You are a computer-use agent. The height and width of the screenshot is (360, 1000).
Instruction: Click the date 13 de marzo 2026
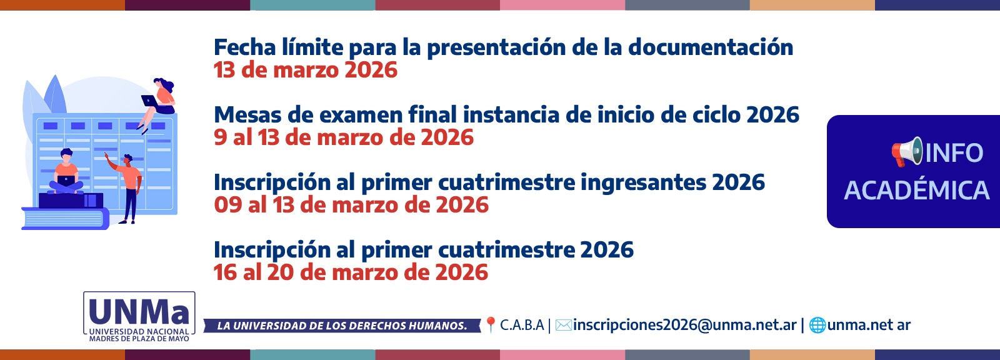(305, 70)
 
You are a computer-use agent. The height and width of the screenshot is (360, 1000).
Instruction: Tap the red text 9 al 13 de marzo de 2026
(343, 137)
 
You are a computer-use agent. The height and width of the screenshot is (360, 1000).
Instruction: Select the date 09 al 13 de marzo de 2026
(351, 205)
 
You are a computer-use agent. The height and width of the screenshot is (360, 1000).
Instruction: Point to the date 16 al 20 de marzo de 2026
(351, 272)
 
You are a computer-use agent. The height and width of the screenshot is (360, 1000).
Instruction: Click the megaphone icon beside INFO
(906, 152)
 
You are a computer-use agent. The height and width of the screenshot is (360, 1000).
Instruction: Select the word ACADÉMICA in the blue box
(916, 191)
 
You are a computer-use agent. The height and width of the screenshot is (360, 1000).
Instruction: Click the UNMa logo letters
(139, 311)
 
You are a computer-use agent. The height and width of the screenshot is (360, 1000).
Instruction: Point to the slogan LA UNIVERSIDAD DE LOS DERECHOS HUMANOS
(342, 326)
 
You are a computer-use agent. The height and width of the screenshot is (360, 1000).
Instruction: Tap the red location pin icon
(491, 324)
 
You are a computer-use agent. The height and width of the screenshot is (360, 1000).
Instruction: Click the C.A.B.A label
(522, 325)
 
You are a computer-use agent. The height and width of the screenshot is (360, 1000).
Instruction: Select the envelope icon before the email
(563, 325)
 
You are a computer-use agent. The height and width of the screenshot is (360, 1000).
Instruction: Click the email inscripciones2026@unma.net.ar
(684, 325)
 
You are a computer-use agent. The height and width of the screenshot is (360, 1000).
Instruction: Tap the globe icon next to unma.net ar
(817, 325)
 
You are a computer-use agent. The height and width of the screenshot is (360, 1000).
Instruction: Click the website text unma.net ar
(869, 325)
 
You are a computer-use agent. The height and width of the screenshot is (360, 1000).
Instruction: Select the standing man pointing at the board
(129, 187)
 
